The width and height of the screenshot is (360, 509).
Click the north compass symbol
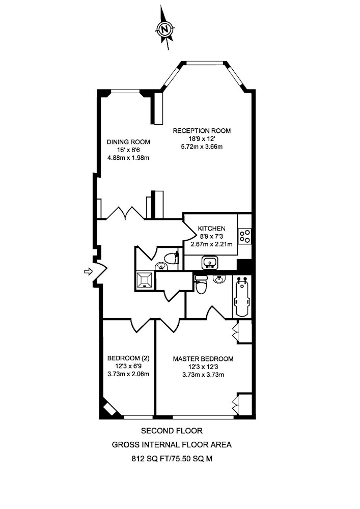[165, 29]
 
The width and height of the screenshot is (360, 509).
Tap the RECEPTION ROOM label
[202, 131]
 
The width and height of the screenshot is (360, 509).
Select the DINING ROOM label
[128, 142]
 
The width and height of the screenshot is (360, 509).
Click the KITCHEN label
[212, 229]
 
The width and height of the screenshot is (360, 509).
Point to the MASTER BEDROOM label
[203, 359]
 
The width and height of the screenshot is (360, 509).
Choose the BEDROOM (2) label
[128, 358]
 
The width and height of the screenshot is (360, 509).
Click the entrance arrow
[88, 271]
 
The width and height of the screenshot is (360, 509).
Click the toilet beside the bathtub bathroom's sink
[201, 285]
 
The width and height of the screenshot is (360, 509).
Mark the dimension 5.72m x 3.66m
[202, 147]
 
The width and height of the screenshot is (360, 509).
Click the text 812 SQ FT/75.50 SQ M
[172, 459]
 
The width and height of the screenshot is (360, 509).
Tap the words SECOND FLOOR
[172, 431]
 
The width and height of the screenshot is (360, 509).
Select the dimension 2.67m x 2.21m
[212, 244]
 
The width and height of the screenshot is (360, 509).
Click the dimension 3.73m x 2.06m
[128, 374]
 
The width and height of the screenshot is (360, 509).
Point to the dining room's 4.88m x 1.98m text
[128, 158]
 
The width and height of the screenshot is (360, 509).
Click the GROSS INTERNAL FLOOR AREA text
[172, 445]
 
